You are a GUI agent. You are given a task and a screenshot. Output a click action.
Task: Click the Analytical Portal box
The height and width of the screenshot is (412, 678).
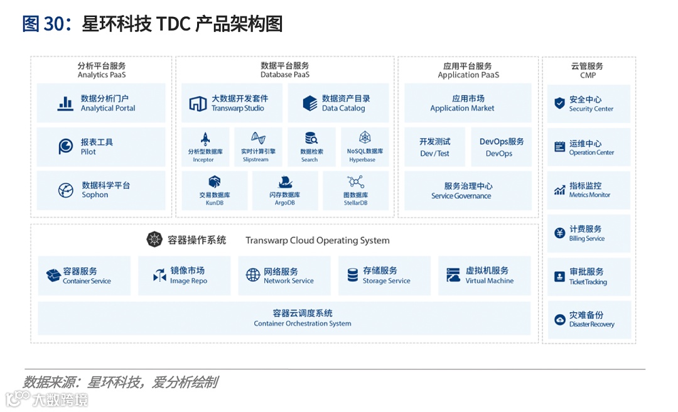point(101,103)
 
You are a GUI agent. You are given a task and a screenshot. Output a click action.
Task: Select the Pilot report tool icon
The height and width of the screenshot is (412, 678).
point(65,146)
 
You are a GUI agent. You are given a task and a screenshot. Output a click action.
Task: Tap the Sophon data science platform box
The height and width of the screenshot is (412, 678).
point(101,190)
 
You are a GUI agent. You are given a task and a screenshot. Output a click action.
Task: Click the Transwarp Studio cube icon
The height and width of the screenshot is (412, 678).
point(198,104)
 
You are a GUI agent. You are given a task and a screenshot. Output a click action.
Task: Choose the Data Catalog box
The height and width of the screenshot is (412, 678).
point(338,103)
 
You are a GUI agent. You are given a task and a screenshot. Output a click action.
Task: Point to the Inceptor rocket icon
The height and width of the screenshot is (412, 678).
point(205,139)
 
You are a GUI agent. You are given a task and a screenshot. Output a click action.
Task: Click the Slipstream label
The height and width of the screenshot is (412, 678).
point(256,160)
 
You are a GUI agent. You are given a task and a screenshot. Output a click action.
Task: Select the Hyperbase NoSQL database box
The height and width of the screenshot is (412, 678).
point(365,147)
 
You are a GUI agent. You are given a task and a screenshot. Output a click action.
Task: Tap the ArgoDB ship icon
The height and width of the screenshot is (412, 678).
point(284,182)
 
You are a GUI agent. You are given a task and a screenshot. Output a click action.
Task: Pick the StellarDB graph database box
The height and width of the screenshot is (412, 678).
point(355,190)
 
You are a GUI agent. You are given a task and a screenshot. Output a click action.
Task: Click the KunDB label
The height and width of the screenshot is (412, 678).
point(215,203)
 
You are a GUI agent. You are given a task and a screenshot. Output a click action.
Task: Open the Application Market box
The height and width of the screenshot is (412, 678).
point(468,103)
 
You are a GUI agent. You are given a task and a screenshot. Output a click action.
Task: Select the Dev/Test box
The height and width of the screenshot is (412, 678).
point(435,147)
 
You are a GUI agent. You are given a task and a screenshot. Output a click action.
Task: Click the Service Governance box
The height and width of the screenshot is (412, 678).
point(468,190)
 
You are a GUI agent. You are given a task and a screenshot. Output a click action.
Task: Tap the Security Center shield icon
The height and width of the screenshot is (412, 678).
point(559,103)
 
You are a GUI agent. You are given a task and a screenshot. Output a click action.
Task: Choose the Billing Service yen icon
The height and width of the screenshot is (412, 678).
point(559,233)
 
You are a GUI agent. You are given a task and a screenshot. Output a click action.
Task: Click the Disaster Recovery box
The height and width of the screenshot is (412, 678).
point(588,320)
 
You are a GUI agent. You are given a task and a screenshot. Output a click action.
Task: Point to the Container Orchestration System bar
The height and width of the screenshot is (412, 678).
point(284,318)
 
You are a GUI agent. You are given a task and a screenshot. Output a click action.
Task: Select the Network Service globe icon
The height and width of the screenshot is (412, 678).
point(253,275)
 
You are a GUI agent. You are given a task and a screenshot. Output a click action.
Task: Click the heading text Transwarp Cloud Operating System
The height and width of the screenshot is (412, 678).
point(317,241)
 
